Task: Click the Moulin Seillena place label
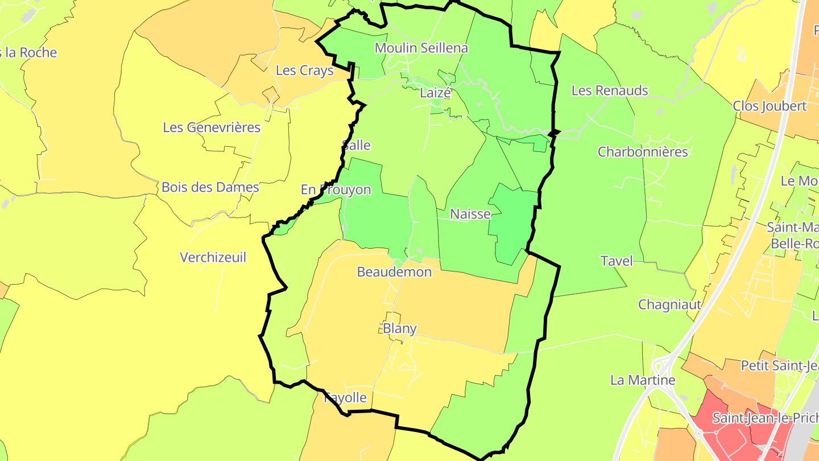tap(421, 48)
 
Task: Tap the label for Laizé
tap(435, 93)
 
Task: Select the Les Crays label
tap(304, 71)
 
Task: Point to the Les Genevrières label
tap(212, 127)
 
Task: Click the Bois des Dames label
tap(210, 187)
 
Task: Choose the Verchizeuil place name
tap(213, 258)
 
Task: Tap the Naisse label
tap(470, 215)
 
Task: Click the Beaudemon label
tap(394, 272)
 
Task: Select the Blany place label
tap(400, 329)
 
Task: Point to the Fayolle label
tap(345, 398)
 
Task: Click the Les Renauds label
tap(610, 90)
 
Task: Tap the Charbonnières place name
tap(643, 152)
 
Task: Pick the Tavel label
tap(617, 261)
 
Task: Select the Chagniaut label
tap(670, 304)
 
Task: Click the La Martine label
tap(643, 380)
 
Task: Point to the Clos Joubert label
tap(770, 106)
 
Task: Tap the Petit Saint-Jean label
tap(779, 365)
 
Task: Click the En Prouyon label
tap(336, 190)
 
